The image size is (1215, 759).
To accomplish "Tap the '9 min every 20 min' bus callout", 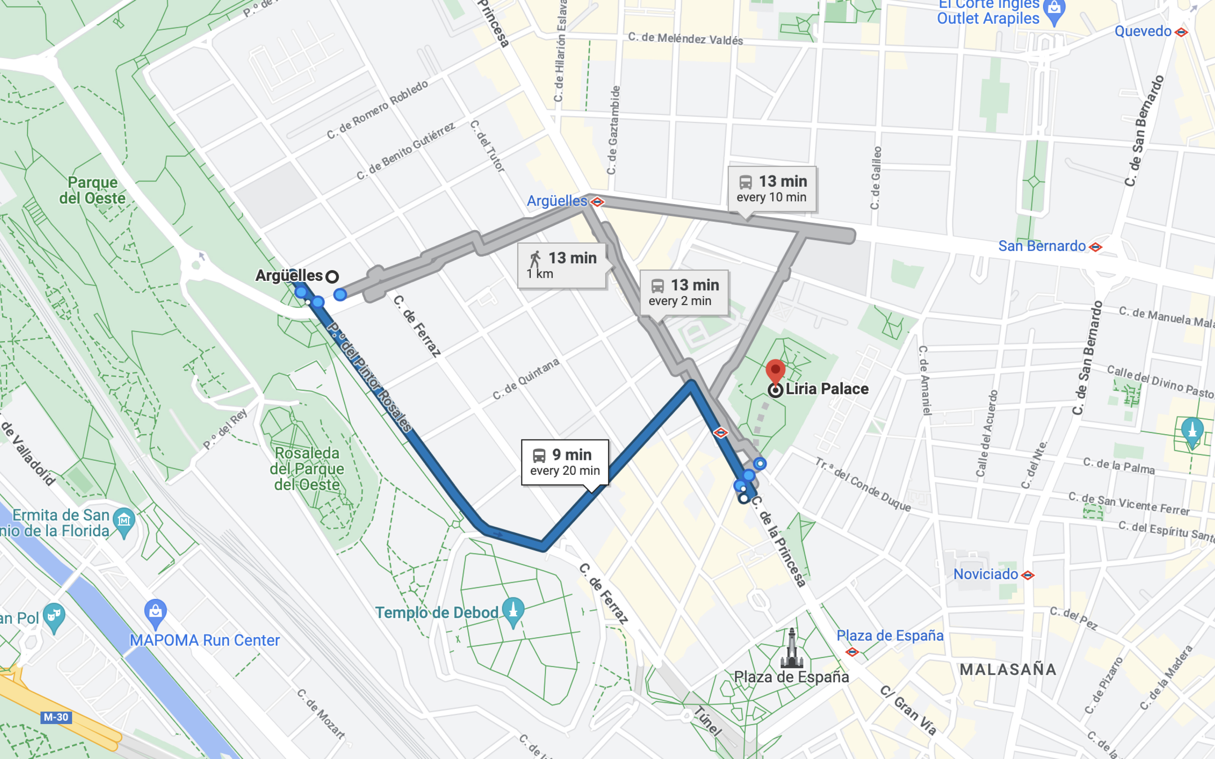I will coord(565,462).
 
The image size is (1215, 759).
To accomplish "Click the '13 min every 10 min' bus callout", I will coord(772,189).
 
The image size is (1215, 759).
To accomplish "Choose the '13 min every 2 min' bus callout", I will coord(684,292).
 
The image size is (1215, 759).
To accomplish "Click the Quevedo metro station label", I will coord(1143,31).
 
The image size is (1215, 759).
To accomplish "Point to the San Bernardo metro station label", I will coord(1042,246).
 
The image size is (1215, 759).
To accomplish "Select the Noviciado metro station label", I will coord(986,574).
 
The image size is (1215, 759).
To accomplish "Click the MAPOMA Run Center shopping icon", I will coord(155,612).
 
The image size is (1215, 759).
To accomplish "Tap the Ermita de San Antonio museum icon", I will coord(124,520).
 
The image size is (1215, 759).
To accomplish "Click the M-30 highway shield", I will coord(56,717).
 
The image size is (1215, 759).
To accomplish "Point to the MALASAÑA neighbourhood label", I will coord(1008,669).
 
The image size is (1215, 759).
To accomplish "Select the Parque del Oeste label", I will coord(92,190).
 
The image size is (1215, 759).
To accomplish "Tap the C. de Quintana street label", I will coord(525,379).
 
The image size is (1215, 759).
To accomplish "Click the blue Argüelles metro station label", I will coord(557,201).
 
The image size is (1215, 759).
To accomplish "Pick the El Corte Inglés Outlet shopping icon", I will coord(1054,11).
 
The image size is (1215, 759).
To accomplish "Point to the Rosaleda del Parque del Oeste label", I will coord(307,469).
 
